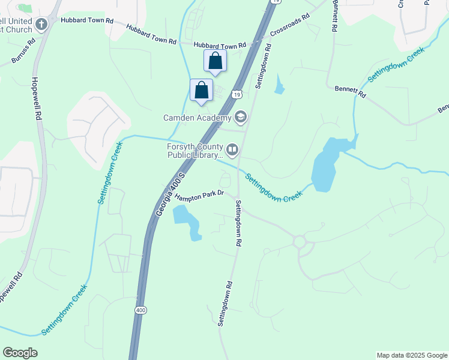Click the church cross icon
(x=41, y=25)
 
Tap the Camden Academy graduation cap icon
(x=241, y=117)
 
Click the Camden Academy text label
(x=197, y=118)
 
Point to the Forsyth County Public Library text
(x=194, y=151)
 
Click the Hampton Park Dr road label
(x=200, y=193)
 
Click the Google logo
(x=20, y=353)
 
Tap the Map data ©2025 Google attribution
(x=411, y=355)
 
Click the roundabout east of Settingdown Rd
(x=300, y=242)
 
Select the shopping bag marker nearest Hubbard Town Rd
(x=215, y=61)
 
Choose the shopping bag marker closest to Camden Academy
(x=202, y=90)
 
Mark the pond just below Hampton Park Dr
(x=187, y=220)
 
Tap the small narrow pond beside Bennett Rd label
(x=279, y=85)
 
